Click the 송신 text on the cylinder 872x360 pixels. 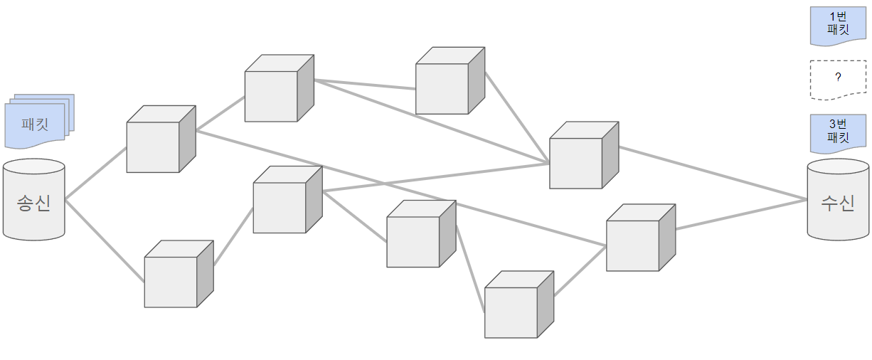click(33, 203)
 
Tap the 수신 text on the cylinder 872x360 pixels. click(837, 203)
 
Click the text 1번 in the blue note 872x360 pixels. click(838, 16)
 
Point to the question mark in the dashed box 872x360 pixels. click(838, 76)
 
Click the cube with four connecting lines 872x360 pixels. click(576, 162)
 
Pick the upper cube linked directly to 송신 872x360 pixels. click(153, 147)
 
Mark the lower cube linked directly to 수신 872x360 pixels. click(633, 245)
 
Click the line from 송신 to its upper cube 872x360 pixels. click(96, 172)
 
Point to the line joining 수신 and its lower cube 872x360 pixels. click(740, 215)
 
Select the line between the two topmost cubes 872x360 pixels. click(365, 84)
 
